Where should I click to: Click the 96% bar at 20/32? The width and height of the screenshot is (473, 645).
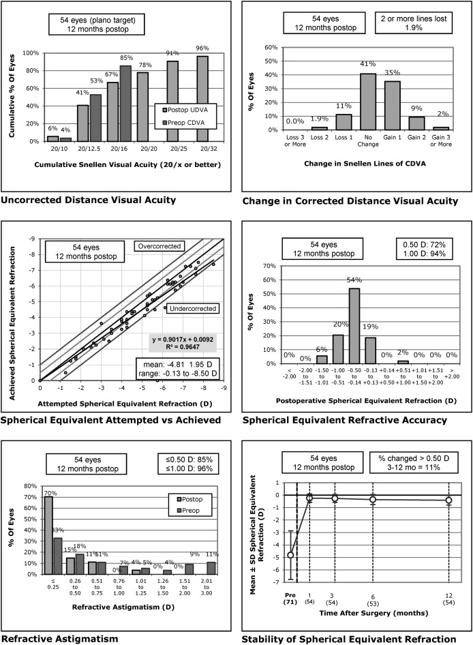[202, 98]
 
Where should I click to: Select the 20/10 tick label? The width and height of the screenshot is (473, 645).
[52, 149]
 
